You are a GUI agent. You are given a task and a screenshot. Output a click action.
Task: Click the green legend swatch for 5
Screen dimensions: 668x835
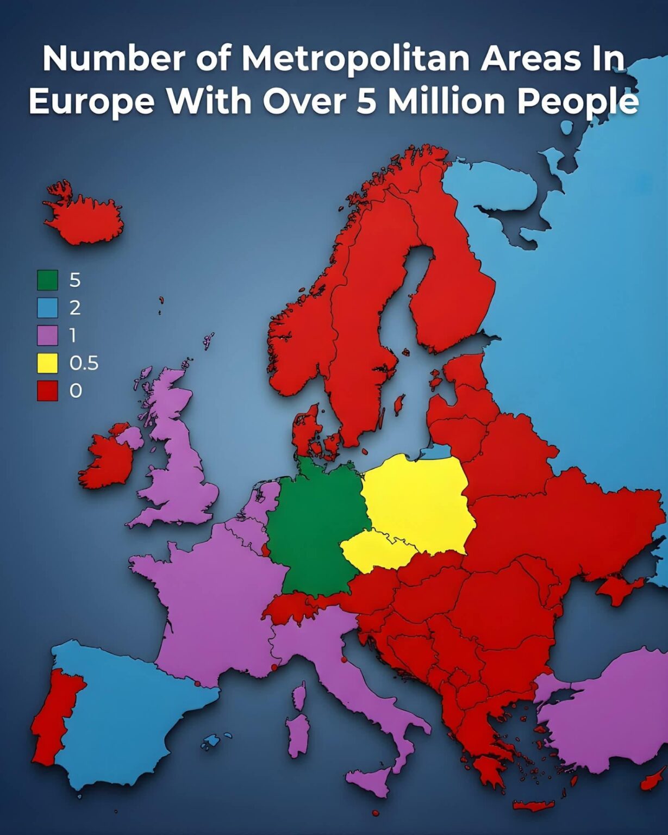pyautogui.click(x=47, y=280)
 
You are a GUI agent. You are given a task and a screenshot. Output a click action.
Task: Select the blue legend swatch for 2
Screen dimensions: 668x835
pyautogui.click(x=47, y=308)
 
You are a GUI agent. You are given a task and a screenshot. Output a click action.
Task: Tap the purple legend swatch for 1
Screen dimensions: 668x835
pyautogui.click(x=47, y=335)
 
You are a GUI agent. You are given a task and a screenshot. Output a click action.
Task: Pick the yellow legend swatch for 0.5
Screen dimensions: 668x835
pyautogui.click(x=47, y=363)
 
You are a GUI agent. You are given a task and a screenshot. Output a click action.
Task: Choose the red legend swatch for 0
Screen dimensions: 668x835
pyautogui.click(x=47, y=391)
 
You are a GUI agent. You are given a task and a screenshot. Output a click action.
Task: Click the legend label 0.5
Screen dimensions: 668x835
pyautogui.click(x=84, y=363)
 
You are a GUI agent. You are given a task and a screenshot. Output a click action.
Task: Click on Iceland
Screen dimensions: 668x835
pyautogui.click(x=84, y=217)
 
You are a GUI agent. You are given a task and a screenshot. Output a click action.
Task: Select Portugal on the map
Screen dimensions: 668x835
pyautogui.click(x=54, y=718)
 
